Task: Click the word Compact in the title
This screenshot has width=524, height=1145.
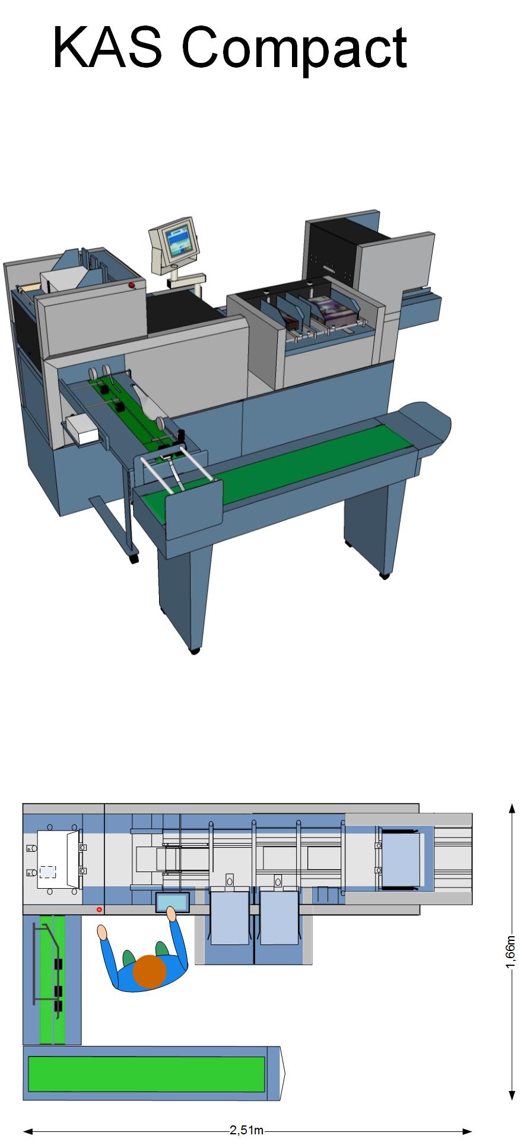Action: tap(294, 48)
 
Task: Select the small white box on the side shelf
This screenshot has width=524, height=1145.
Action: tap(82, 428)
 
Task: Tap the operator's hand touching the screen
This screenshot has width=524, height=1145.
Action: tap(172, 914)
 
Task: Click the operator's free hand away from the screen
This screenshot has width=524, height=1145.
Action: tap(102, 932)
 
